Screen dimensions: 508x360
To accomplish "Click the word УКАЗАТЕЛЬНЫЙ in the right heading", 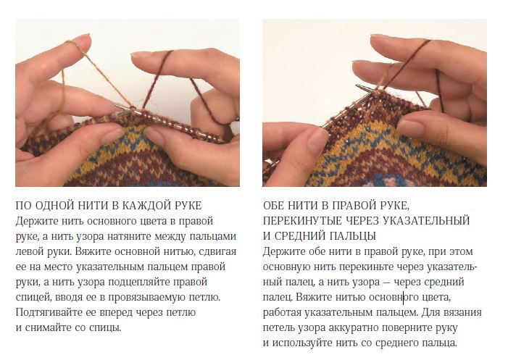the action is point(427,221).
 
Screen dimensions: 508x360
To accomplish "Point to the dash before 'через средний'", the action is point(387,282).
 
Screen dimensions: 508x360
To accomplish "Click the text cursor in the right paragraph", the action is point(404,297).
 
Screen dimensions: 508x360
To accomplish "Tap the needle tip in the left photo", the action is point(116,105).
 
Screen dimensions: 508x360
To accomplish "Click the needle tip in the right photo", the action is point(357,85).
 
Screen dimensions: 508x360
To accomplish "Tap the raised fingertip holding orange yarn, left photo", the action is point(80,40).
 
